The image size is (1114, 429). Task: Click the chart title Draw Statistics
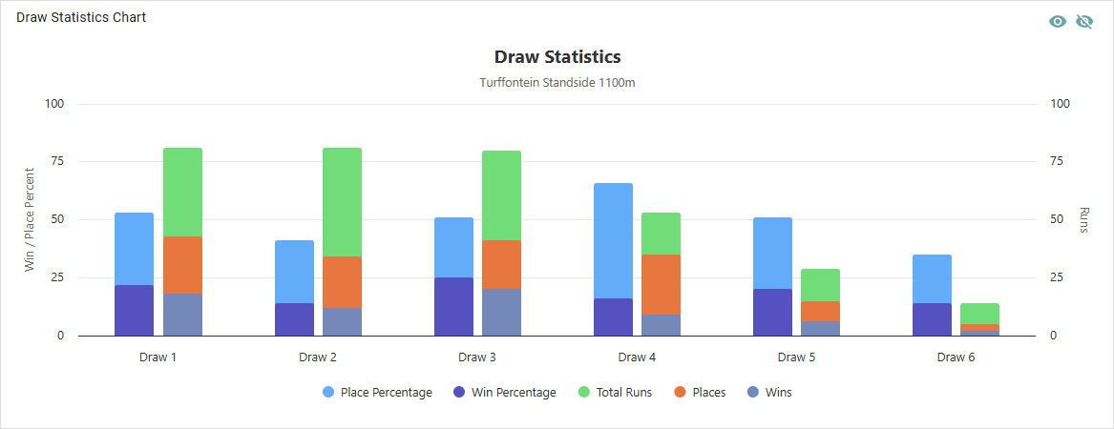point(557,57)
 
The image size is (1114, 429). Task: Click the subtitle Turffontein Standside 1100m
point(557,83)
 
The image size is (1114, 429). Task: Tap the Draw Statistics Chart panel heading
point(81,17)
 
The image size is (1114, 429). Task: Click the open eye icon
point(1058,22)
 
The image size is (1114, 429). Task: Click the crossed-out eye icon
point(1084,22)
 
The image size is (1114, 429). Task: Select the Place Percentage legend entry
point(377,393)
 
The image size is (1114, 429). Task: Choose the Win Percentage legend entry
point(506,393)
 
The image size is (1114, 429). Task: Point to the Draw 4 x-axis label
point(632,357)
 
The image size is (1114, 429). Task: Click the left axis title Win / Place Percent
point(30,219)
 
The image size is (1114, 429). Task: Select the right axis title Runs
point(1084,219)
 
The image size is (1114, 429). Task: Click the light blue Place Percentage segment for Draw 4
point(613,240)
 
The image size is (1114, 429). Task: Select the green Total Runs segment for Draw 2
point(342,202)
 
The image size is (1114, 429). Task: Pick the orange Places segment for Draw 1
point(182,264)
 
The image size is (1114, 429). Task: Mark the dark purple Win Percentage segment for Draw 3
point(453,306)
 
